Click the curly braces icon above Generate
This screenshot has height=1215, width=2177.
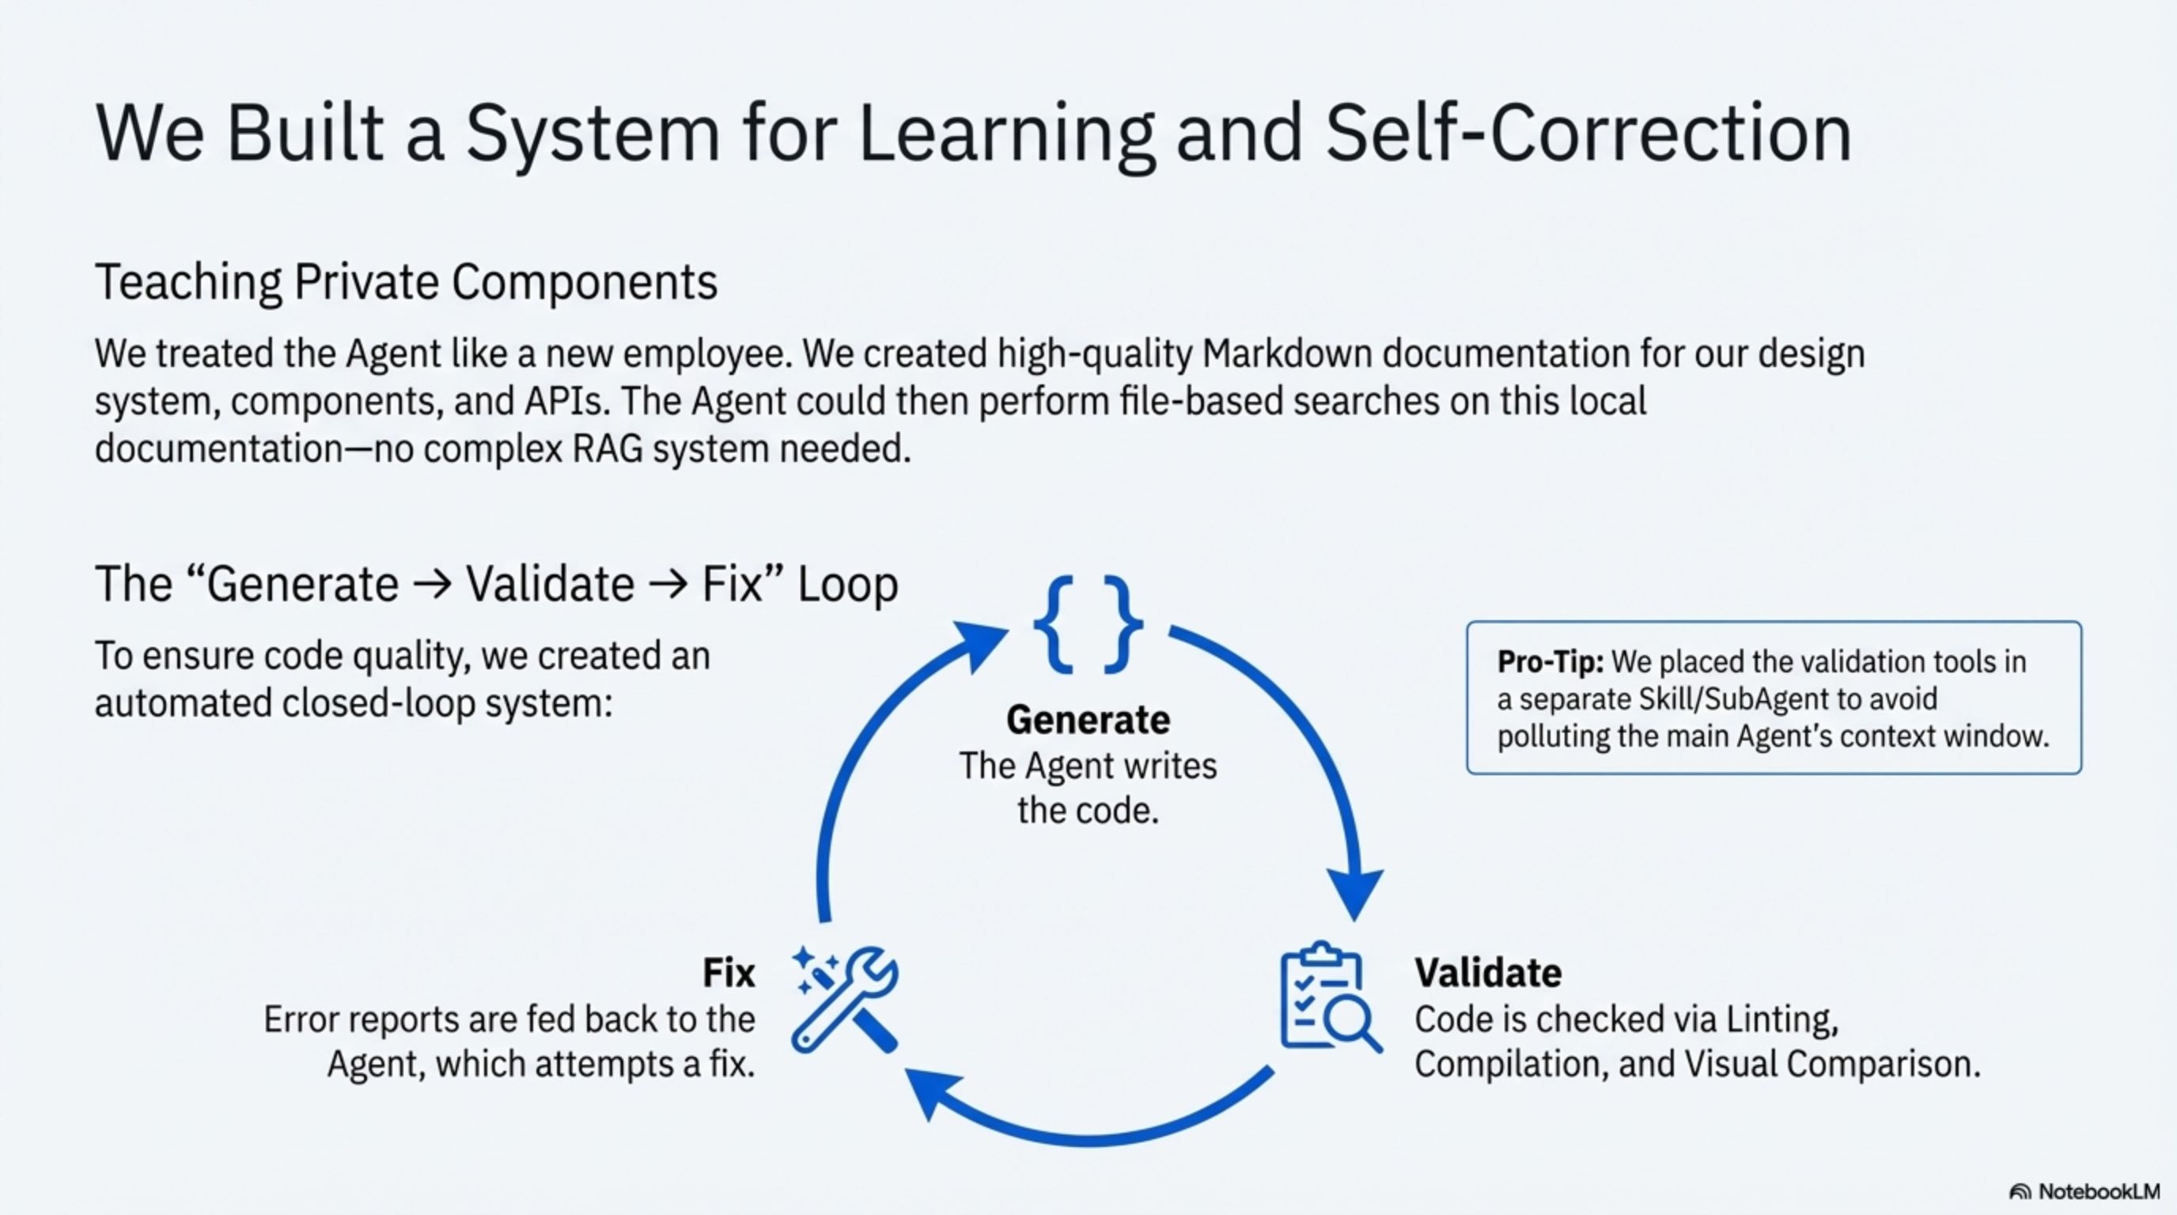[x=1088, y=624]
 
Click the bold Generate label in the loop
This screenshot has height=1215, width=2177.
[x=1088, y=720]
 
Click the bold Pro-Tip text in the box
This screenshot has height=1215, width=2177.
[x=1550, y=661]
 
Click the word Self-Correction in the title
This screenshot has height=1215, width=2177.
[x=1588, y=134]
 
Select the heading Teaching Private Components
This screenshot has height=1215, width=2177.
[x=406, y=282]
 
